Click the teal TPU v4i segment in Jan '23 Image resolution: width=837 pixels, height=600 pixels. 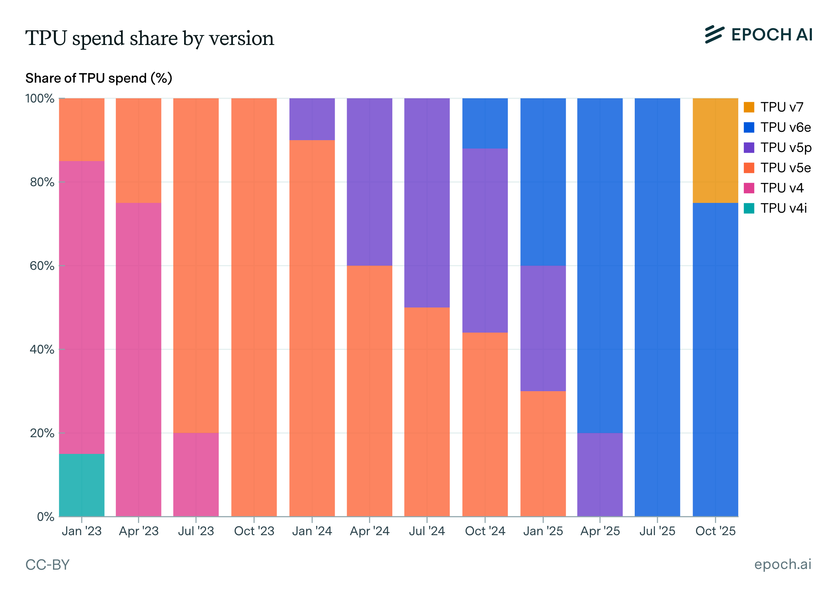(x=82, y=485)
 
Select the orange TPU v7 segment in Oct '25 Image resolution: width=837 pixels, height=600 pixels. (x=715, y=151)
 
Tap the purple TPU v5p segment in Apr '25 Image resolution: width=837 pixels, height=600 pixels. (x=600, y=474)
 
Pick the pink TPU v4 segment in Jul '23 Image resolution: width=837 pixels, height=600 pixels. (x=196, y=474)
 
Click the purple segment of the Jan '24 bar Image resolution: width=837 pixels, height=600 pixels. (x=312, y=119)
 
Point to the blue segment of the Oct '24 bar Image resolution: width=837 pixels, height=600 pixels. (x=485, y=123)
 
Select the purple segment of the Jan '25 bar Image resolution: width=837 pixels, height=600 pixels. (x=543, y=328)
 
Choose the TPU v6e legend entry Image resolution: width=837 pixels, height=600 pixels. (x=777, y=127)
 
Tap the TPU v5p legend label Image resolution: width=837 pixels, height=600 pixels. (x=786, y=147)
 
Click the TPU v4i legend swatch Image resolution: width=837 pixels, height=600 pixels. (x=749, y=208)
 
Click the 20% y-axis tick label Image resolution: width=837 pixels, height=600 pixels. (x=42, y=433)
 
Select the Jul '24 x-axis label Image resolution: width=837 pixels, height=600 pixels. (x=427, y=531)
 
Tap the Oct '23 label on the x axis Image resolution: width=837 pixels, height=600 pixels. (x=254, y=531)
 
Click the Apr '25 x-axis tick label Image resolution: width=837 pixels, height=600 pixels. (x=600, y=531)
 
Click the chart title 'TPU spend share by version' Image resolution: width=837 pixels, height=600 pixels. (x=150, y=38)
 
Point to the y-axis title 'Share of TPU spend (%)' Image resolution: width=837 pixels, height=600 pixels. (x=99, y=78)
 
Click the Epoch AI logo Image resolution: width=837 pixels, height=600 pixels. (x=759, y=35)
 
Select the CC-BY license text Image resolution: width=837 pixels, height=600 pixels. (x=48, y=565)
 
